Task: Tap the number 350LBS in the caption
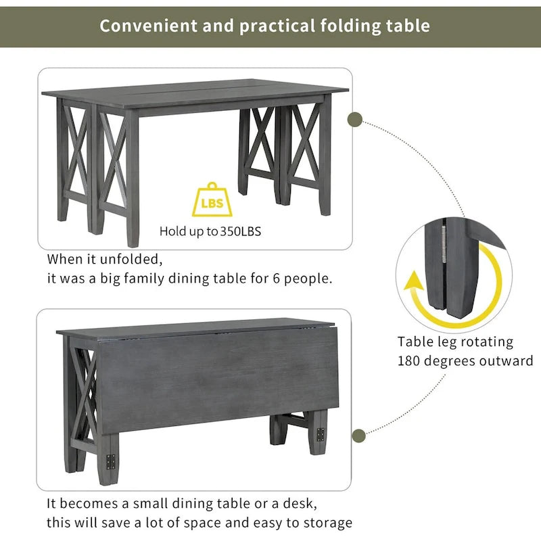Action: [240, 231]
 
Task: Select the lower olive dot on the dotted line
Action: [360, 435]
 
